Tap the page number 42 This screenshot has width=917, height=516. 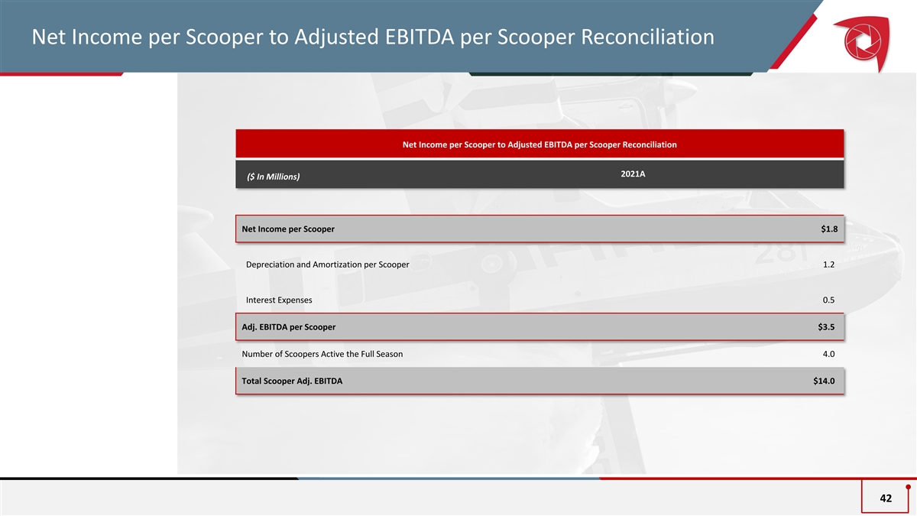(886, 498)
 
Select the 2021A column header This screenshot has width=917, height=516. (633, 174)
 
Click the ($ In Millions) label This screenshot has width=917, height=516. (273, 177)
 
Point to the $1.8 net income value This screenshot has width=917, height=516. (829, 229)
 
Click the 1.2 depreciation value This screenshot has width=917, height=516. (828, 264)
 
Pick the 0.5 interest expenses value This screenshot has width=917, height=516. (828, 300)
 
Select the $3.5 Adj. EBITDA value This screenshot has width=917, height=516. (826, 327)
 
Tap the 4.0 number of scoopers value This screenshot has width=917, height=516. (828, 354)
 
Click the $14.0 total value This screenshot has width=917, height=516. (824, 381)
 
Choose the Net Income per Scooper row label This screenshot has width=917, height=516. (288, 229)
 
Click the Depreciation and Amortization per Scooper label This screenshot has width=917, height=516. (328, 264)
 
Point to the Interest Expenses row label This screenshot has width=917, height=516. (279, 300)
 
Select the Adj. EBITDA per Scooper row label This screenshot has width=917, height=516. (289, 327)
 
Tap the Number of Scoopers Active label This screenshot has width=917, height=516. (322, 354)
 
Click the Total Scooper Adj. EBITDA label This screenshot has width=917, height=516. (292, 381)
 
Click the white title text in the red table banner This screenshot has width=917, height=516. (540, 144)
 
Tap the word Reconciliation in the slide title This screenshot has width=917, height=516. (648, 37)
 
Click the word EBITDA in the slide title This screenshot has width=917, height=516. (420, 37)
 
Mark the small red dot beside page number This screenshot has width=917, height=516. (908, 487)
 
